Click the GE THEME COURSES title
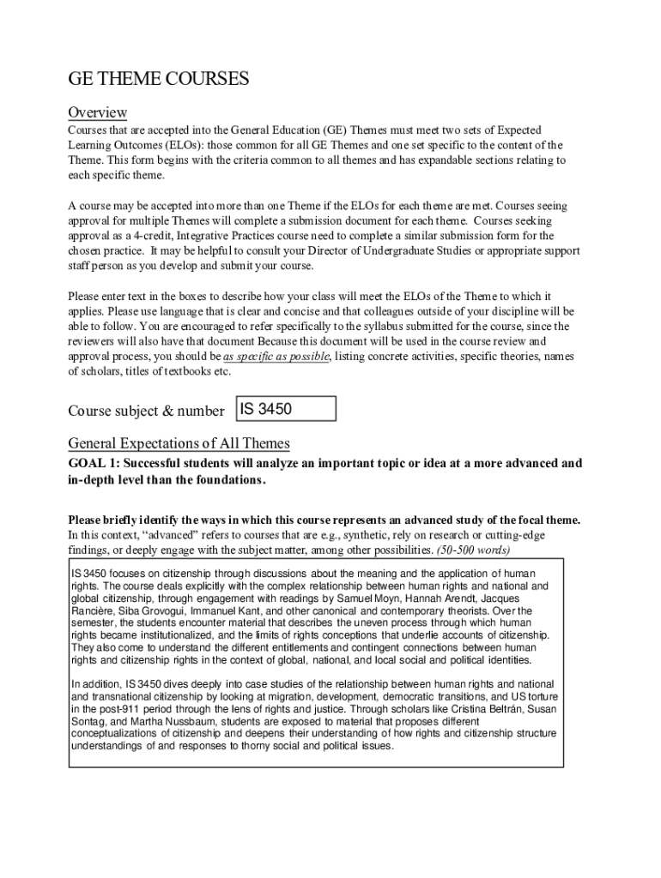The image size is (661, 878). point(158,80)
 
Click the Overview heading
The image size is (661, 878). point(98,113)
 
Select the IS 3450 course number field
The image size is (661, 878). point(286,409)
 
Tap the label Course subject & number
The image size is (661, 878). point(146,411)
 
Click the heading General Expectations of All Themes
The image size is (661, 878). point(179,443)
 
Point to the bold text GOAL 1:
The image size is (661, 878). point(95,464)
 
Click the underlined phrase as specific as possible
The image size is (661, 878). point(276,357)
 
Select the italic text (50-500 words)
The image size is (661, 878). point(473,550)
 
